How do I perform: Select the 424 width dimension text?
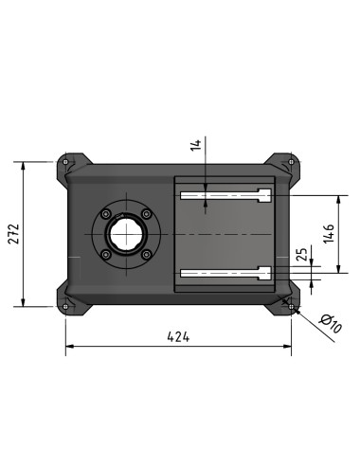pos(178,337)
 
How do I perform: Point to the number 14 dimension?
pos(196,146)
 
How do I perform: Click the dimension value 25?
pos(302,255)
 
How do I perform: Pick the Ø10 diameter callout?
pos(331,324)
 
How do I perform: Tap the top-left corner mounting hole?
pos(64,162)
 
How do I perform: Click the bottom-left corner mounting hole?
pos(64,304)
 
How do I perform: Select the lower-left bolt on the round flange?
pos(107,253)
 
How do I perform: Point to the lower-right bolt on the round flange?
pos(146,253)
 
